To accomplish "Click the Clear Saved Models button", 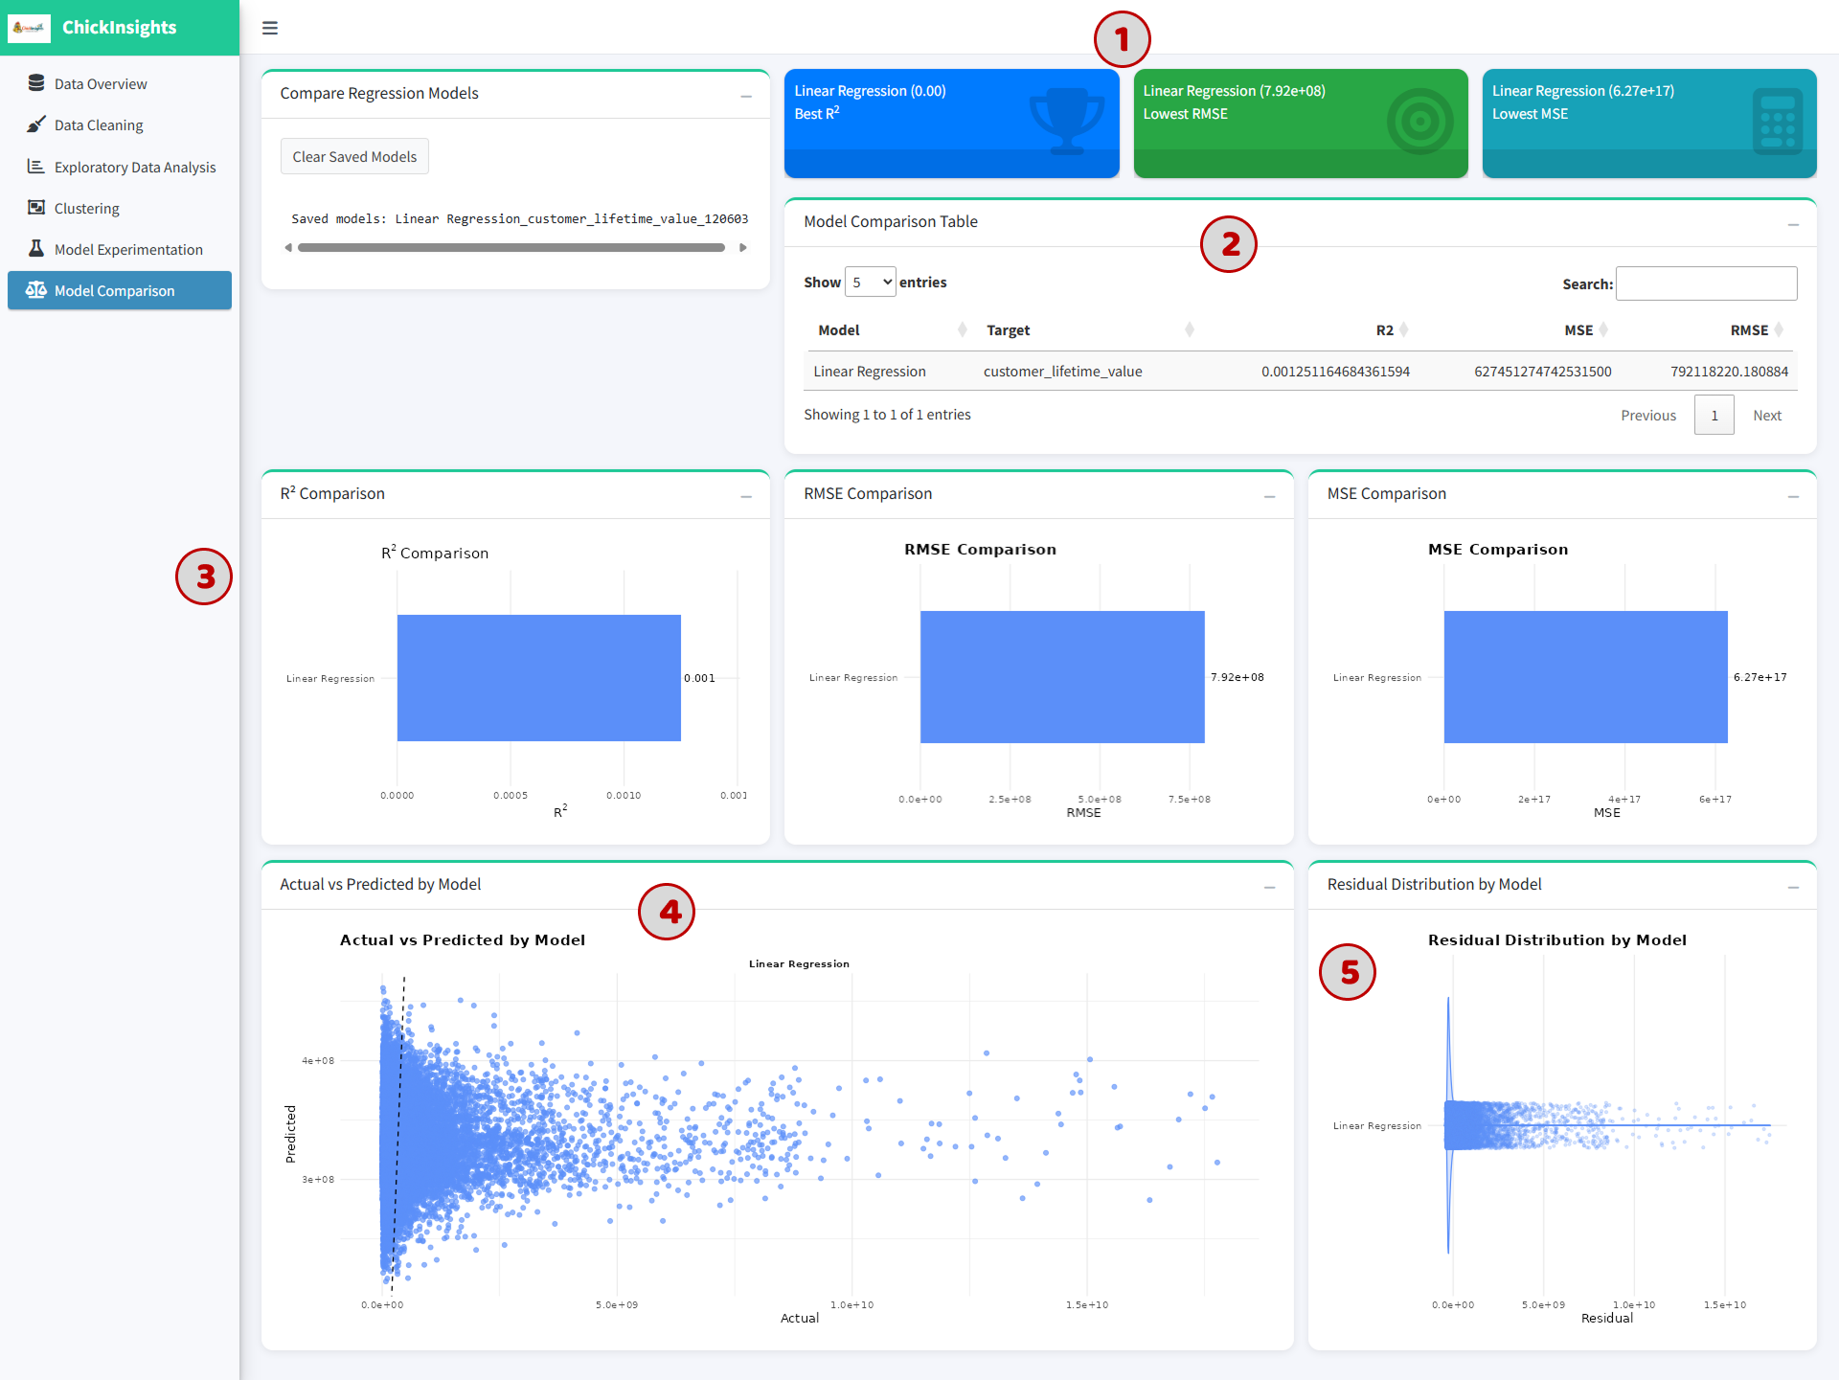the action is pyautogui.click(x=354, y=157).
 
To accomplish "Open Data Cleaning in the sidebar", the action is pyautogui.click(x=99, y=125).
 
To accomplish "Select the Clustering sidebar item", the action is pyautogui.click(x=87, y=209).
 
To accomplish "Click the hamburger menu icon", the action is pyautogui.click(x=270, y=28).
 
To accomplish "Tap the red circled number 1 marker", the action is pyautogui.click(x=1122, y=39).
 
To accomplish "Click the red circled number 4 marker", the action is pyautogui.click(x=667, y=912).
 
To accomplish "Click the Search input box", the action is pyautogui.click(x=1706, y=283).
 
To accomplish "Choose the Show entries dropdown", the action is pyautogui.click(x=871, y=282).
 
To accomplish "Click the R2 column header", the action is pyautogui.click(x=1385, y=330).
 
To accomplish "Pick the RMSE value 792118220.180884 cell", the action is pyautogui.click(x=1729, y=372).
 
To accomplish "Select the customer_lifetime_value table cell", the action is pyautogui.click(x=1063, y=372).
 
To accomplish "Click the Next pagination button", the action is pyautogui.click(x=1767, y=416).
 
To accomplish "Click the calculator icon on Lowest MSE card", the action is pyautogui.click(x=1778, y=122).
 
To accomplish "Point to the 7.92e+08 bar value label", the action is pyautogui.click(x=1237, y=677).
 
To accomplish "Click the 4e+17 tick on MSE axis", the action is pyautogui.click(x=1624, y=799).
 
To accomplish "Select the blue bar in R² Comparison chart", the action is pyautogui.click(x=539, y=678).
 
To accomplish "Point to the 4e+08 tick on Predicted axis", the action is pyautogui.click(x=318, y=1060).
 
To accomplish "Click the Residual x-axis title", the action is pyautogui.click(x=1607, y=1318).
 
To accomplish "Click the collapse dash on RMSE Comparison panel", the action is pyautogui.click(x=1270, y=496).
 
